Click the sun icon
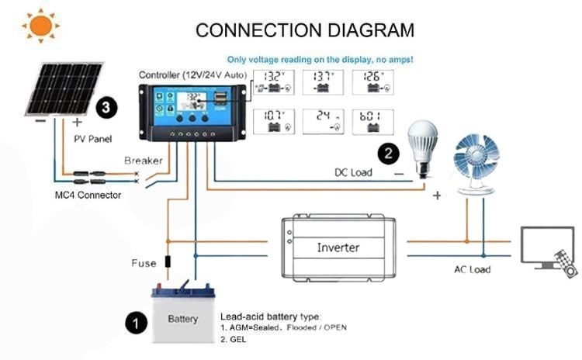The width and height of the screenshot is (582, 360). pyautogui.click(x=40, y=26)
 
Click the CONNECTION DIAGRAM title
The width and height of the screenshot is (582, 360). pyautogui.click(x=305, y=30)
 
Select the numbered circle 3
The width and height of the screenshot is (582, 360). pyautogui.click(x=106, y=106)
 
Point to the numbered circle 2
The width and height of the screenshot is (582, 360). pyautogui.click(x=388, y=152)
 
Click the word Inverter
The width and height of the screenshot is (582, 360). pyautogui.click(x=338, y=247)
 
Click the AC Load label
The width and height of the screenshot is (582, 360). pyautogui.click(x=473, y=269)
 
